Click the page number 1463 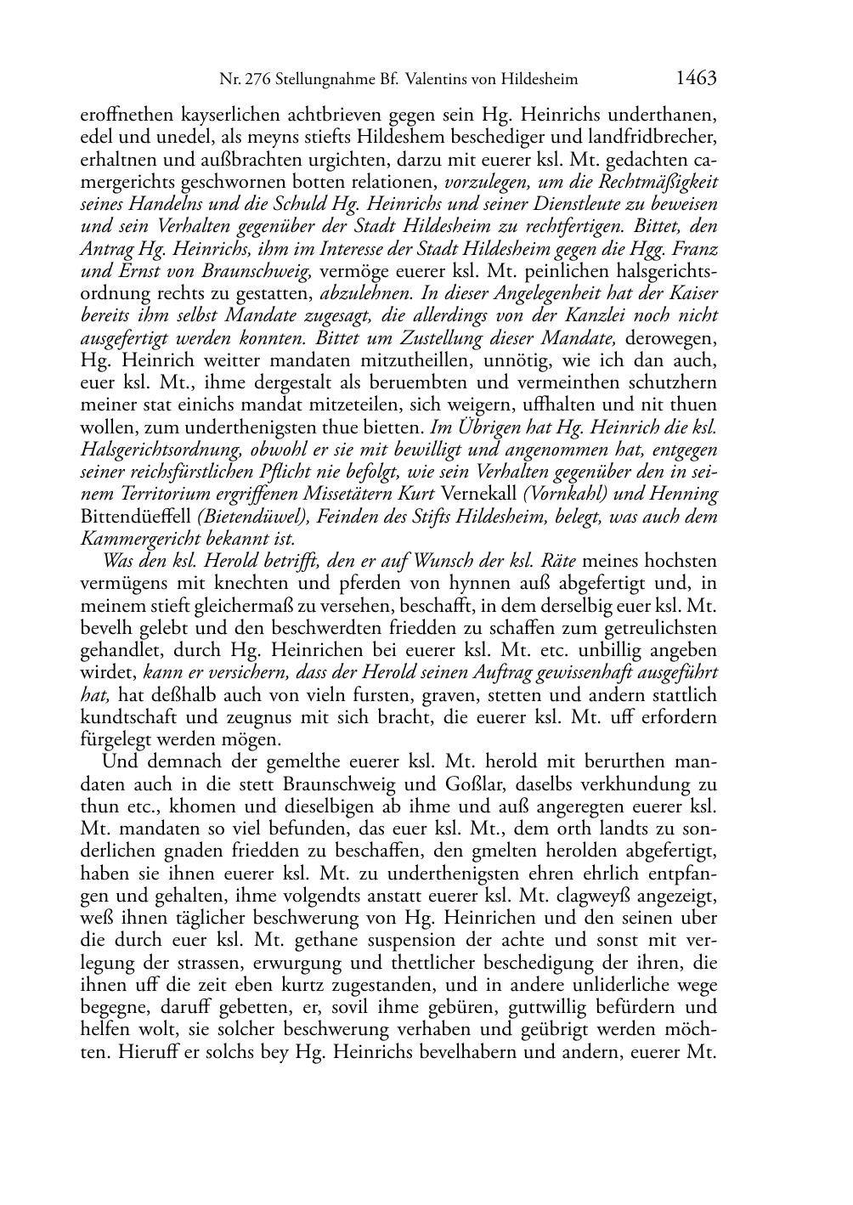(697, 78)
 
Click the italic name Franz (698, 250)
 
